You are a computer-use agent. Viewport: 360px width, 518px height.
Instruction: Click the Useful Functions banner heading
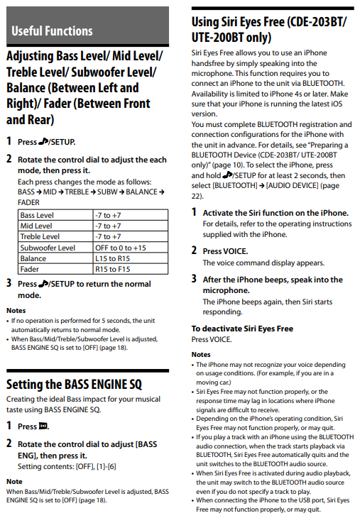52,31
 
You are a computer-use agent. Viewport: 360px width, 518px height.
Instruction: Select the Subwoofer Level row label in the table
48,248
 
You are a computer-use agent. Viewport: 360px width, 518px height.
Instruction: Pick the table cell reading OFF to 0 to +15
120,248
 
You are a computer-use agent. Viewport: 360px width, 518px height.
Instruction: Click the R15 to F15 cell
110,270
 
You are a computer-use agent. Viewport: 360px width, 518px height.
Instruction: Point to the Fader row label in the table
30,270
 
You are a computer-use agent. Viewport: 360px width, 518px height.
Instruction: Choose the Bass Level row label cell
37,215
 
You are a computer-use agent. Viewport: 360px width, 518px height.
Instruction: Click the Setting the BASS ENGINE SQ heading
74,385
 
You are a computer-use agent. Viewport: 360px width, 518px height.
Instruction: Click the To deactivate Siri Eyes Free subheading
242,329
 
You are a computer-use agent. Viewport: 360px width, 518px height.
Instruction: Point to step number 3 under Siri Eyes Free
194,279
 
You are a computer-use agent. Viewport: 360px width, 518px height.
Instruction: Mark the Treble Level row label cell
40,236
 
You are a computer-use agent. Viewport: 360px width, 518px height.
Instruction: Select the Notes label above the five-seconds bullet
16,311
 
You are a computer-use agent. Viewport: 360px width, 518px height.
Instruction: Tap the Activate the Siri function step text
276,212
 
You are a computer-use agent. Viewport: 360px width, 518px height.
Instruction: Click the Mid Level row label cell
36,226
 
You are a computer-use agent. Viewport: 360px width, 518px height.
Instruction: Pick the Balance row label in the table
33,258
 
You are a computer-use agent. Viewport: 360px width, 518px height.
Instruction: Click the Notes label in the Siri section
201,354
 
